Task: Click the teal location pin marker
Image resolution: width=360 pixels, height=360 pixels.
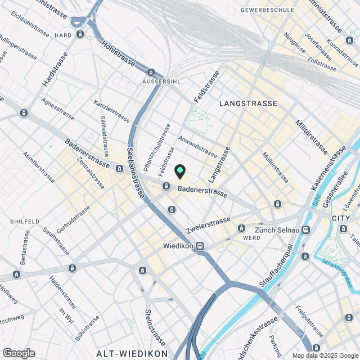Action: click(179, 171)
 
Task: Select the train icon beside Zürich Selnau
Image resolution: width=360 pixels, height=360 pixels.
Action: click(305, 229)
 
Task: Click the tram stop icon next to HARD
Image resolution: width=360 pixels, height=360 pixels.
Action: click(80, 34)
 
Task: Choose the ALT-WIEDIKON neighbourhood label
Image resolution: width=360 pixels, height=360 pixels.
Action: click(132, 353)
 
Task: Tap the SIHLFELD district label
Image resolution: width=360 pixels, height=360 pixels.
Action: click(24, 222)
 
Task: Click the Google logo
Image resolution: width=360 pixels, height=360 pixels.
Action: click(19, 353)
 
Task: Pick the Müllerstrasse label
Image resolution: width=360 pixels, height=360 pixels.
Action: click(276, 168)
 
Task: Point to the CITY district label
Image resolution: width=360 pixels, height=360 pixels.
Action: click(341, 218)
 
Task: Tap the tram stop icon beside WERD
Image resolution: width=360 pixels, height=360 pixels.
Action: click(241, 228)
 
